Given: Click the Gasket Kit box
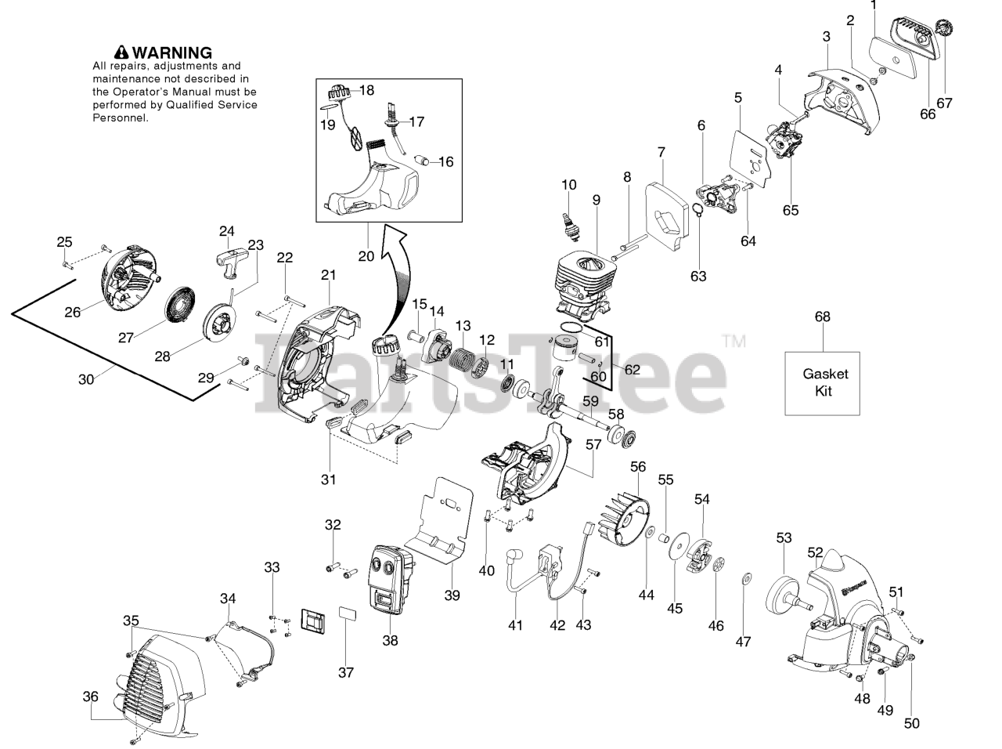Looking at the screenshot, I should [823, 383].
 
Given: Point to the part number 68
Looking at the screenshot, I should [823, 317].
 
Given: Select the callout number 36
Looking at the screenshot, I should [90, 695].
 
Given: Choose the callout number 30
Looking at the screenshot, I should [86, 378].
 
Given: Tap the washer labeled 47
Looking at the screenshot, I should [744, 580].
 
